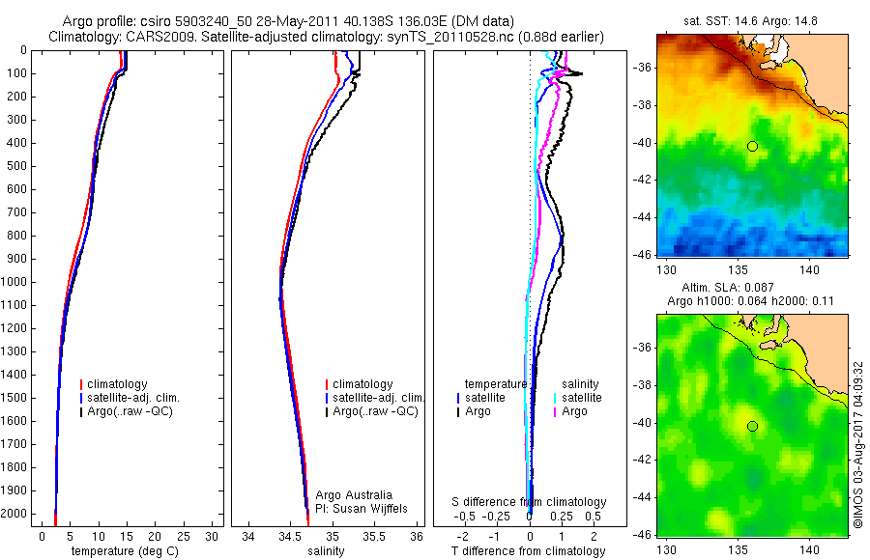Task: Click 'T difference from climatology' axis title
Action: tap(528, 551)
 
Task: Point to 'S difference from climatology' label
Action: tap(529, 502)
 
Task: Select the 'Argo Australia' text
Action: tap(355, 495)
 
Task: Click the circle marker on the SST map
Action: tap(752, 146)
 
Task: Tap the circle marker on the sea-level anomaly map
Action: tap(752, 427)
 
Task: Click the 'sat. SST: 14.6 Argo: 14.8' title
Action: tap(750, 18)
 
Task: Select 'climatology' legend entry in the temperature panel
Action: tap(117, 384)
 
